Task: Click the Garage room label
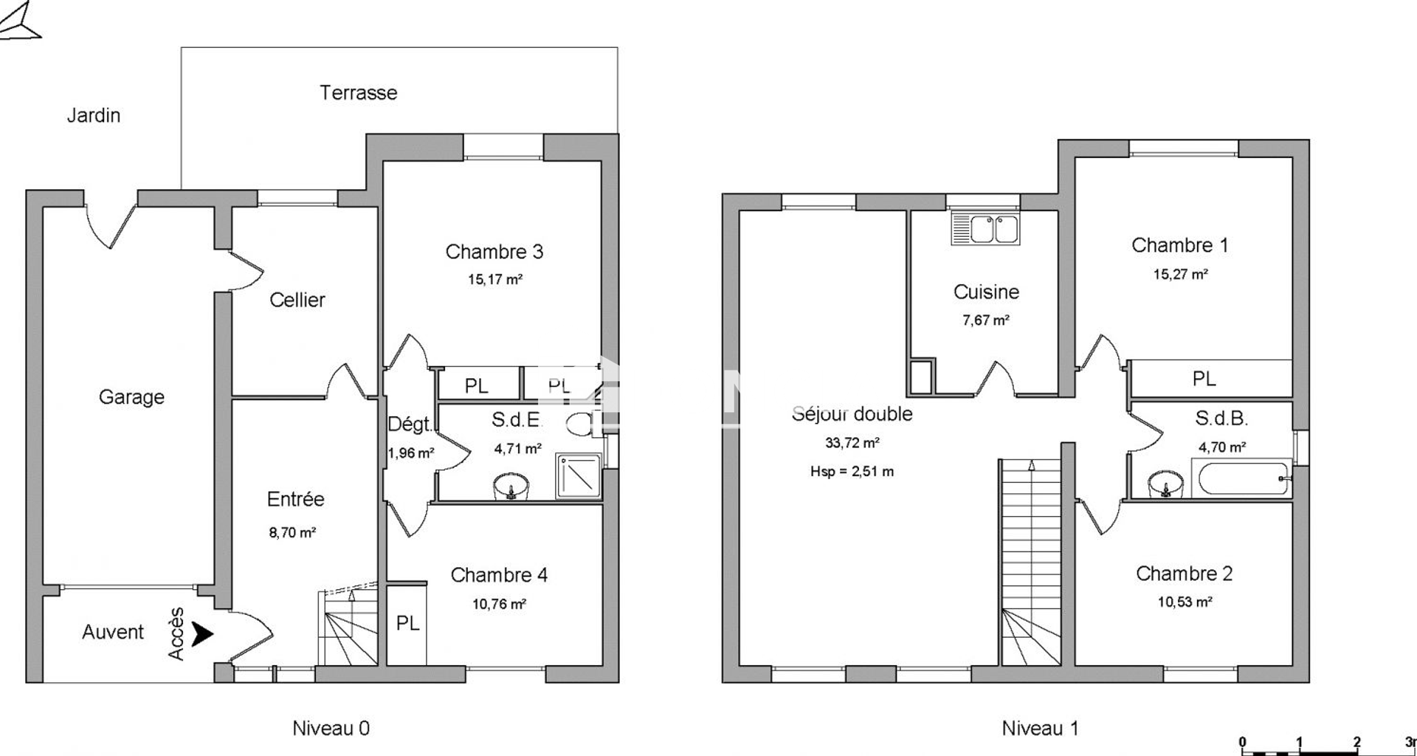(x=131, y=397)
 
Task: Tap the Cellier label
(x=297, y=300)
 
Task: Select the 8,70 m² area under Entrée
(x=292, y=532)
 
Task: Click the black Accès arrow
(x=202, y=633)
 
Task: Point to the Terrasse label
(x=358, y=93)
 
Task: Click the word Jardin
(x=94, y=115)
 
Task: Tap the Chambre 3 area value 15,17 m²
(x=495, y=280)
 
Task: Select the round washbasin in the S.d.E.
(x=511, y=487)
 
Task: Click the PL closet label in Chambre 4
(x=407, y=623)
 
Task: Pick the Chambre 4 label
(x=499, y=575)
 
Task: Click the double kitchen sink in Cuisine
(x=985, y=228)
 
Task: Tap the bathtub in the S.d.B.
(x=1241, y=478)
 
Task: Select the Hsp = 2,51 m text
(x=852, y=472)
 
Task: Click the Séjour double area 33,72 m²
(x=852, y=443)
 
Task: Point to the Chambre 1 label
(x=1180, y=245)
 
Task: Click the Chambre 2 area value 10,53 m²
(x=1185, y=602)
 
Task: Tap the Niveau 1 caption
(x=1040, y=729)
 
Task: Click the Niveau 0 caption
(x=331, y=729)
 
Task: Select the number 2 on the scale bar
(x=1357, y=742)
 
